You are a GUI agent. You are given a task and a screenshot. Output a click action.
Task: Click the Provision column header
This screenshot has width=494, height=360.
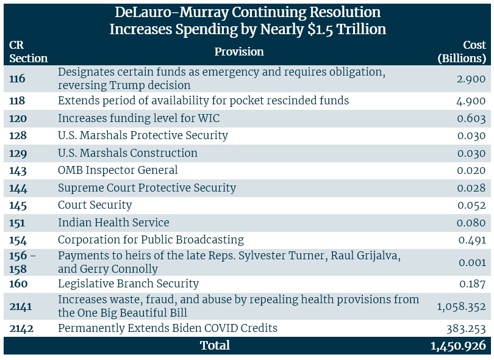[x=239, y=52]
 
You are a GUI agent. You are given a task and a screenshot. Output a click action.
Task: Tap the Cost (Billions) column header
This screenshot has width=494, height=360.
[x=462, y=52]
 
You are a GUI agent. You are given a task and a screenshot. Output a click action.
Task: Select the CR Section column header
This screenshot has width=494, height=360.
[x=28, y=52]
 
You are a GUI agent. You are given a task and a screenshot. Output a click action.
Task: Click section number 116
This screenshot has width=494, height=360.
[x=19, y=79]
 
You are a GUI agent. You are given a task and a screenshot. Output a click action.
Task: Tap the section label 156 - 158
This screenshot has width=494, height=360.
[x=23, y=262]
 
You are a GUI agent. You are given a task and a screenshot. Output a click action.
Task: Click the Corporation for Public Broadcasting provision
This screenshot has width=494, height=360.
[x=151, y=240]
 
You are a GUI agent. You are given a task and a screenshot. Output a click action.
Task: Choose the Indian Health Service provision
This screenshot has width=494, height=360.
[x=113, y=222]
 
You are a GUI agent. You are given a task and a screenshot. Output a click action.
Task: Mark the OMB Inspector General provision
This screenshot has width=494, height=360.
[x=118, y=170]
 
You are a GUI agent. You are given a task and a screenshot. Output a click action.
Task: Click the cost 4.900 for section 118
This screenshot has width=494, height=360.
[x=471, y=101]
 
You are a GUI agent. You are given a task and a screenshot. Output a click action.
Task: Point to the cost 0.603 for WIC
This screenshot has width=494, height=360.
[x=471, y=118]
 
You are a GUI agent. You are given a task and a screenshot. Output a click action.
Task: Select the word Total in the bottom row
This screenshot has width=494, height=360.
[x=215, y=345]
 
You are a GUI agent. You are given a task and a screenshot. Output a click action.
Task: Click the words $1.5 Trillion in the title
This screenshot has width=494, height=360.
[x=347, y=29]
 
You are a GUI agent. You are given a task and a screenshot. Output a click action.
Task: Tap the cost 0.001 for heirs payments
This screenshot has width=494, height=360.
[x=471, y=262]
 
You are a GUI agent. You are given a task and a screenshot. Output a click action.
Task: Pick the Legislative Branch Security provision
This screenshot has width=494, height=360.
[x=128, y=283]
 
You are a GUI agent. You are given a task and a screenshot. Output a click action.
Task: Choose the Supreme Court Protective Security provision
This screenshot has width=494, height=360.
[x=146, y=187]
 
